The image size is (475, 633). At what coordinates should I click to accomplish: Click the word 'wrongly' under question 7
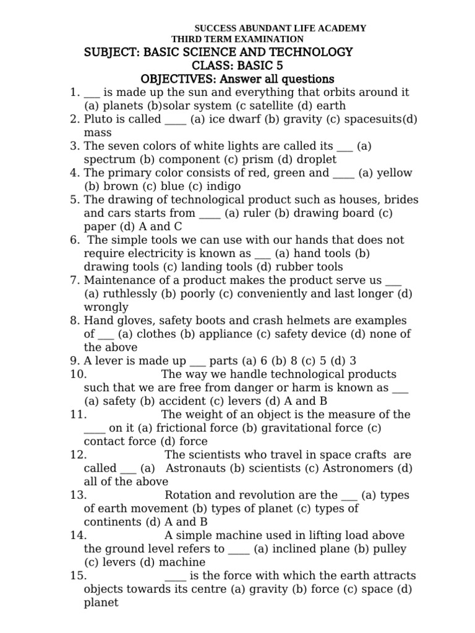pos(106,307)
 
